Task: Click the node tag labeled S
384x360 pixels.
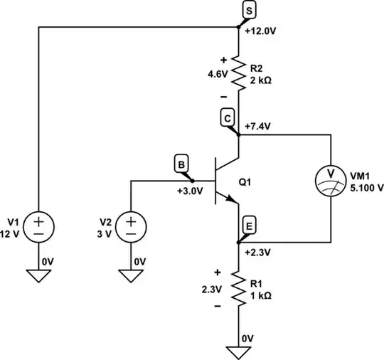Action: (x=249, y=10)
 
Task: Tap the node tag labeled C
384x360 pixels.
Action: (x=228, y=119)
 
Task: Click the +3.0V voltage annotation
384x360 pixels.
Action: (x=190, y=191)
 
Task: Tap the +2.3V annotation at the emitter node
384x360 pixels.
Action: (x=257, y=252)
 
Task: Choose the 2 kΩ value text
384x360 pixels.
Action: (x=260, y=80)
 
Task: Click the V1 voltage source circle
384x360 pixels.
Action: (x=38, y=227)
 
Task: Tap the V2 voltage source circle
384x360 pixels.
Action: (x=132, y=227)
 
